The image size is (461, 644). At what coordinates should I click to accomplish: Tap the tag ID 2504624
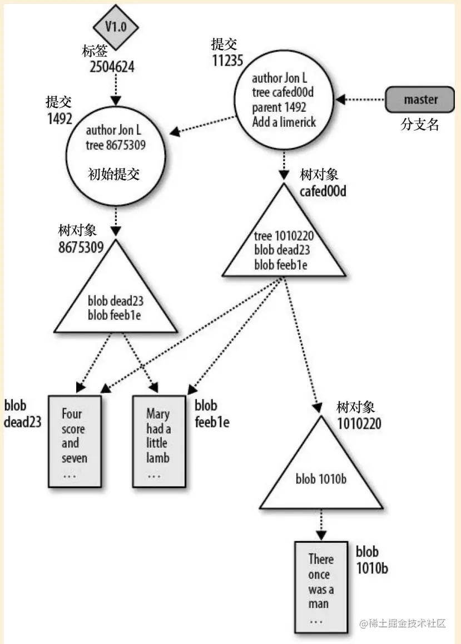tap(112, 67)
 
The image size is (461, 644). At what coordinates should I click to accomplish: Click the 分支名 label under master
tap(420, 125)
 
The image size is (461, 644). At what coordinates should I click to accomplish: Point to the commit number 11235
tap(228, 60)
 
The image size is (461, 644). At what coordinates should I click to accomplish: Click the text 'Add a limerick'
tap(284, 122)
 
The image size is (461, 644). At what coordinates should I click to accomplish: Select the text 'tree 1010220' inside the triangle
tap(283, 238)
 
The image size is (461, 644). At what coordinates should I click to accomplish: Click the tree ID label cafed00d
tap(324, 191)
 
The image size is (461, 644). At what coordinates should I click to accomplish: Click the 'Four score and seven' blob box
tap(75, 440)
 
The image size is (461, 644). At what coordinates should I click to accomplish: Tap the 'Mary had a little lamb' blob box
tap(158, 440)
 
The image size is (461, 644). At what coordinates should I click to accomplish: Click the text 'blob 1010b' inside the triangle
tap(321, 478)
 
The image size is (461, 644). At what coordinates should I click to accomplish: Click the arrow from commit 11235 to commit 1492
tap(203, 124)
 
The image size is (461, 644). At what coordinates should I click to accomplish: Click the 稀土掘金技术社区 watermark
tap(403, 623)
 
